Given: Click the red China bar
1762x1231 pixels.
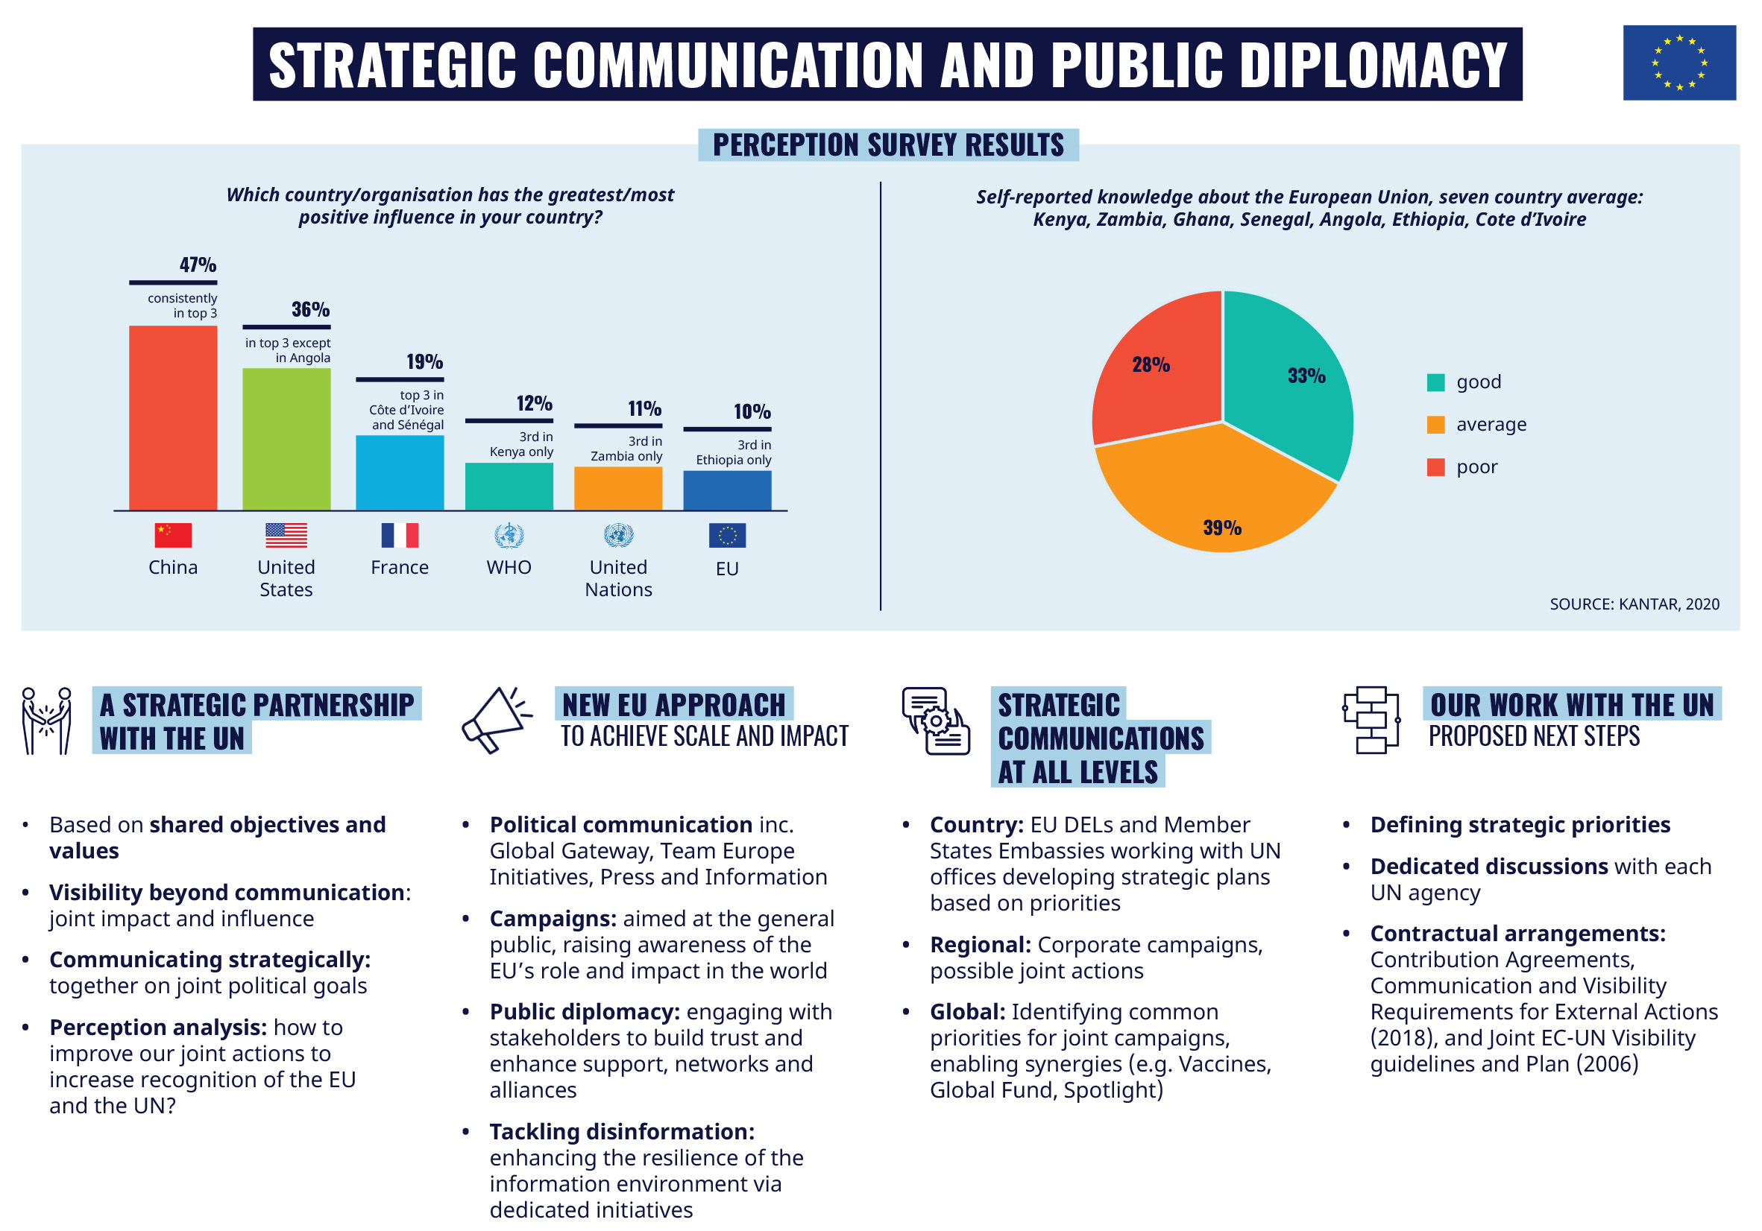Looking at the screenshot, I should coord(173,417).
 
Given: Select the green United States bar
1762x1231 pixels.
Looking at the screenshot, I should coord(286,439).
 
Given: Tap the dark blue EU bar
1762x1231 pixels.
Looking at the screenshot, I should coord(727,490).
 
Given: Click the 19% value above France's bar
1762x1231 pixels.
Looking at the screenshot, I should coord(424,362).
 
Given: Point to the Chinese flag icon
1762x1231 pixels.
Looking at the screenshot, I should coord(173,534).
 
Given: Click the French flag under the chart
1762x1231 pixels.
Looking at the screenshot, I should coord(399,534).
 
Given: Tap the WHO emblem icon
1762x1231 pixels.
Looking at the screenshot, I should coord(509,534).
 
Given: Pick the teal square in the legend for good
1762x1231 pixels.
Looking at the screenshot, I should coord(1435,382).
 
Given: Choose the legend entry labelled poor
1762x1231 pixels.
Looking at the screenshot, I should coord(1476,467).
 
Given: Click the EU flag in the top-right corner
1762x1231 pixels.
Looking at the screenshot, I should coord(1678,63).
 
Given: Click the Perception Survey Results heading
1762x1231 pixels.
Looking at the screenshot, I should coord(888,145).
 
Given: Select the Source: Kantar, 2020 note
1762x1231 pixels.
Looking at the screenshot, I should coord(1634,604).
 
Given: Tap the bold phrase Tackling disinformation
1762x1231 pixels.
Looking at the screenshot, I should coord(621,1131).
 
